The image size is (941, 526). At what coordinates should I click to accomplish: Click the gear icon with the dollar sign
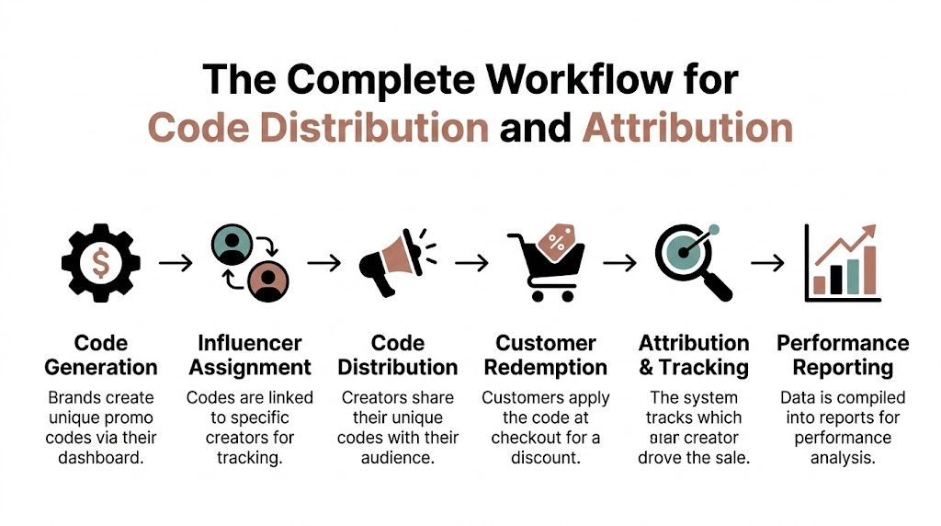tap(101, 263)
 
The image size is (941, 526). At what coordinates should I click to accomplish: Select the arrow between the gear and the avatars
tap(176, 263)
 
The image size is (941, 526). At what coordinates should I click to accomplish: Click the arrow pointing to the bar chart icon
tap(767, 263)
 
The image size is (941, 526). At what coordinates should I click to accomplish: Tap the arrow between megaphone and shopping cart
tap(471, 263)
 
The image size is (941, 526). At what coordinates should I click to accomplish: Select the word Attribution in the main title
tap(687, 128)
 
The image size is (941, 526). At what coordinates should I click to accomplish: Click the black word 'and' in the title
tap(535, 128)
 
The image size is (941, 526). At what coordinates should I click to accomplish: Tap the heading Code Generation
tap(101, 355)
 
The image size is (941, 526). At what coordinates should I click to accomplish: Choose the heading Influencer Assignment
tap(249, 355)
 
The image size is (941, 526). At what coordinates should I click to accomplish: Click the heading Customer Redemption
tap(546, 355)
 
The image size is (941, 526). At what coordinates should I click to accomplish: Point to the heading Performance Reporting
tap(843, 355)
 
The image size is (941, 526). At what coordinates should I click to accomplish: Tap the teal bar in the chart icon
tap(853, 277)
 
